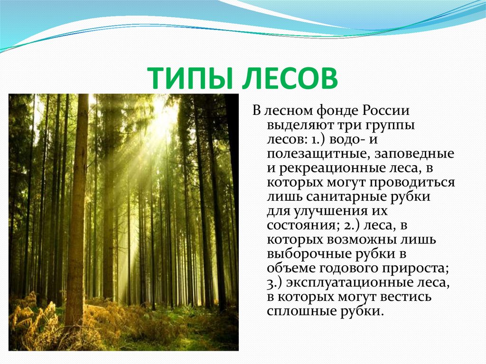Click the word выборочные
click(305, 254)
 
